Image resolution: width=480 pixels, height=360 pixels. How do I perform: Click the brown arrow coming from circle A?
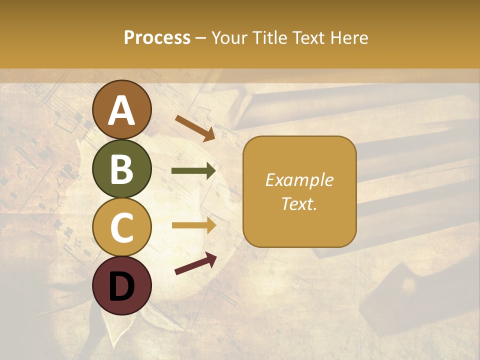[194, 127]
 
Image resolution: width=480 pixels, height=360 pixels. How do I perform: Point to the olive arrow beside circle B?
[193, 171]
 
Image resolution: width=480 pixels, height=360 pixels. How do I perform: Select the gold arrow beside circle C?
[193, 225]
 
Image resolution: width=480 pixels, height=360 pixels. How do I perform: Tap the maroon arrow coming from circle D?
[195, 263]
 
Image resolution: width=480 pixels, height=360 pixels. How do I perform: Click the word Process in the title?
[157, 37]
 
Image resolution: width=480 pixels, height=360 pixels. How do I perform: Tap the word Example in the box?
[299, 180]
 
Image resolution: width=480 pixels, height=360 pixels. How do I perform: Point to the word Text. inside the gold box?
[299, 203]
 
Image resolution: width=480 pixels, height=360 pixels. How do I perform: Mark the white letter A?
[122, 110]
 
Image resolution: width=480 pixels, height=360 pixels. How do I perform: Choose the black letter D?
[122, 285]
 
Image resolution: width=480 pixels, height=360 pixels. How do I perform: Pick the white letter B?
[122, 169]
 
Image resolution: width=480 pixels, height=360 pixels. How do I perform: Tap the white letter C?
[122, 228]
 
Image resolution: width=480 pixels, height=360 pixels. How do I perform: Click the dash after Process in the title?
[201, 38]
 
